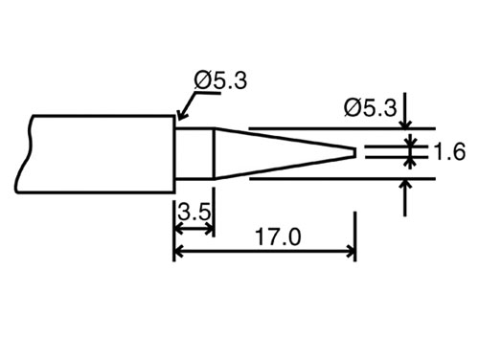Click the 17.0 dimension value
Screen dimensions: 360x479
click(276, 236)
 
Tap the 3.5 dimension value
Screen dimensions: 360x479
click(193, 212)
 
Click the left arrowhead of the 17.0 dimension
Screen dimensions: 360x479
click(179, 254)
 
